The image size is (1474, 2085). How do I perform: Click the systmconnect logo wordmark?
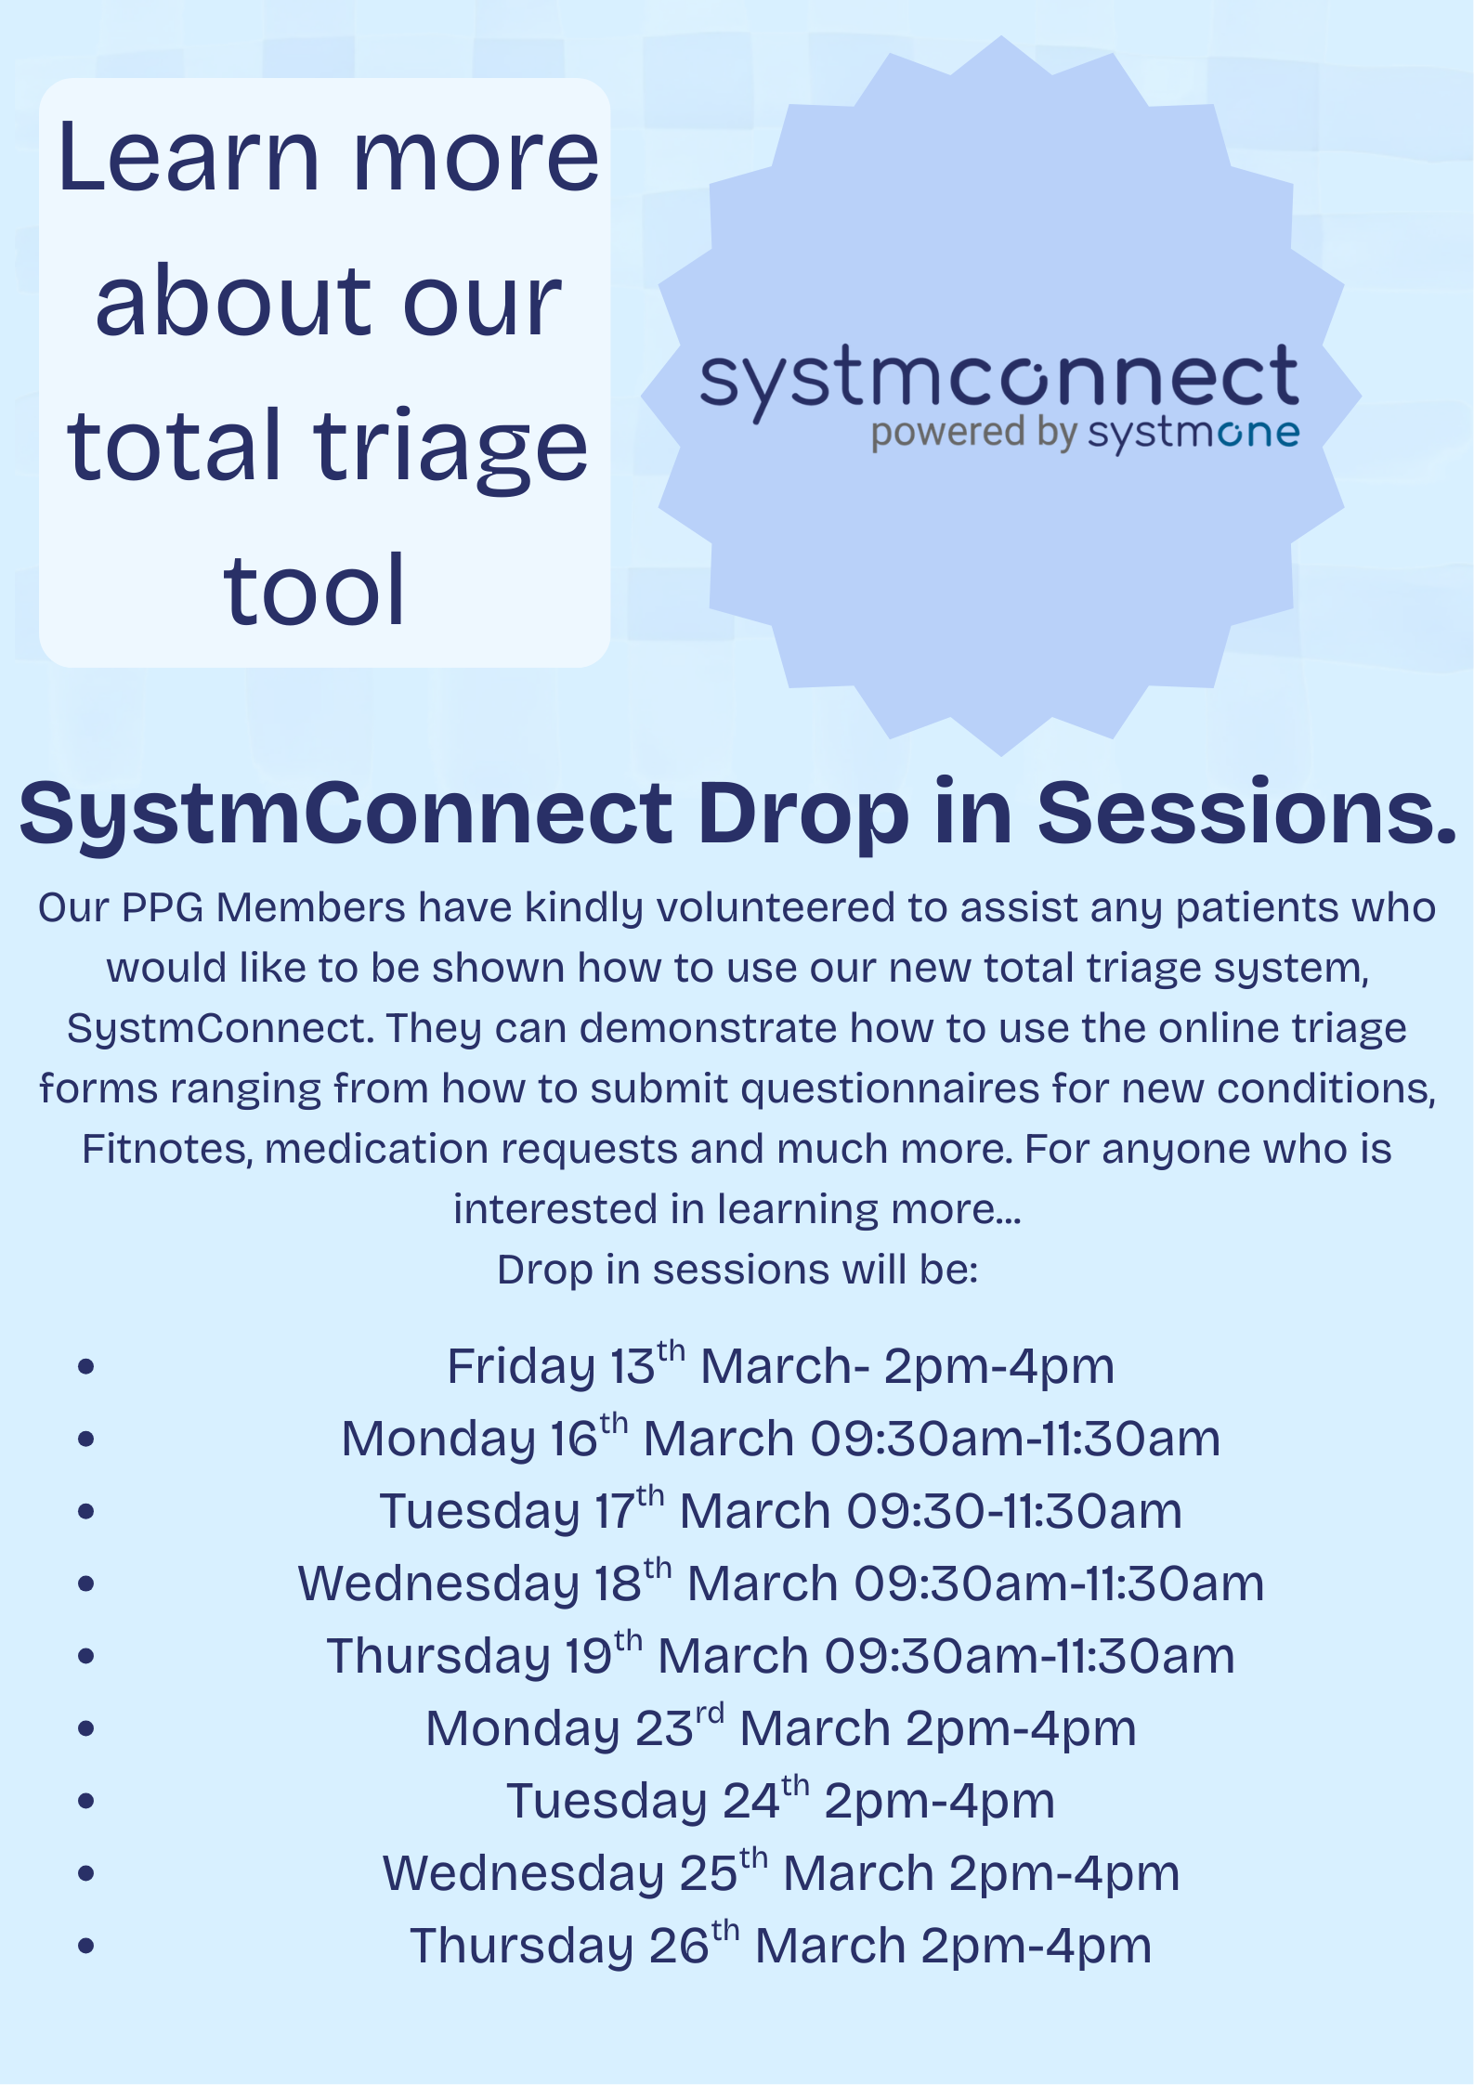(998, 379)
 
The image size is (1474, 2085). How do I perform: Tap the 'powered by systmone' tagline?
(1084, 434)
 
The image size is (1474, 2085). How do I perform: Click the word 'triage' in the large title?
(450, 448)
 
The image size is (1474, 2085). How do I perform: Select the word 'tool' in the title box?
(314, 591)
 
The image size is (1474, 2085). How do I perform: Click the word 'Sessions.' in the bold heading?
(1246, 813)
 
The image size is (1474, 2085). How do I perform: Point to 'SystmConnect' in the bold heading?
(346, 813)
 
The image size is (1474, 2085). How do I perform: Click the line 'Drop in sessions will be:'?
(737, 1270)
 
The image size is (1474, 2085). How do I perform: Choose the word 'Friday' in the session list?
(520, 1367)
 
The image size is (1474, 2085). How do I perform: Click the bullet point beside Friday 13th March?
(86, 1367)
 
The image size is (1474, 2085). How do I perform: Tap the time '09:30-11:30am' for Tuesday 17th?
(1013, 1512)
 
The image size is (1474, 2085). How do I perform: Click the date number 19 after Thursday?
(587, 1657)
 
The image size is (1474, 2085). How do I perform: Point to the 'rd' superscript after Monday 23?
(711, 1714)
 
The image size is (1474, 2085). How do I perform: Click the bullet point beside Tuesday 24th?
(86, 1802)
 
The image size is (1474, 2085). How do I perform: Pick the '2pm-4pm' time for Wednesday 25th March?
(1064, 1874)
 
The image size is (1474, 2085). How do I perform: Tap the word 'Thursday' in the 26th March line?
(522, 1947)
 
